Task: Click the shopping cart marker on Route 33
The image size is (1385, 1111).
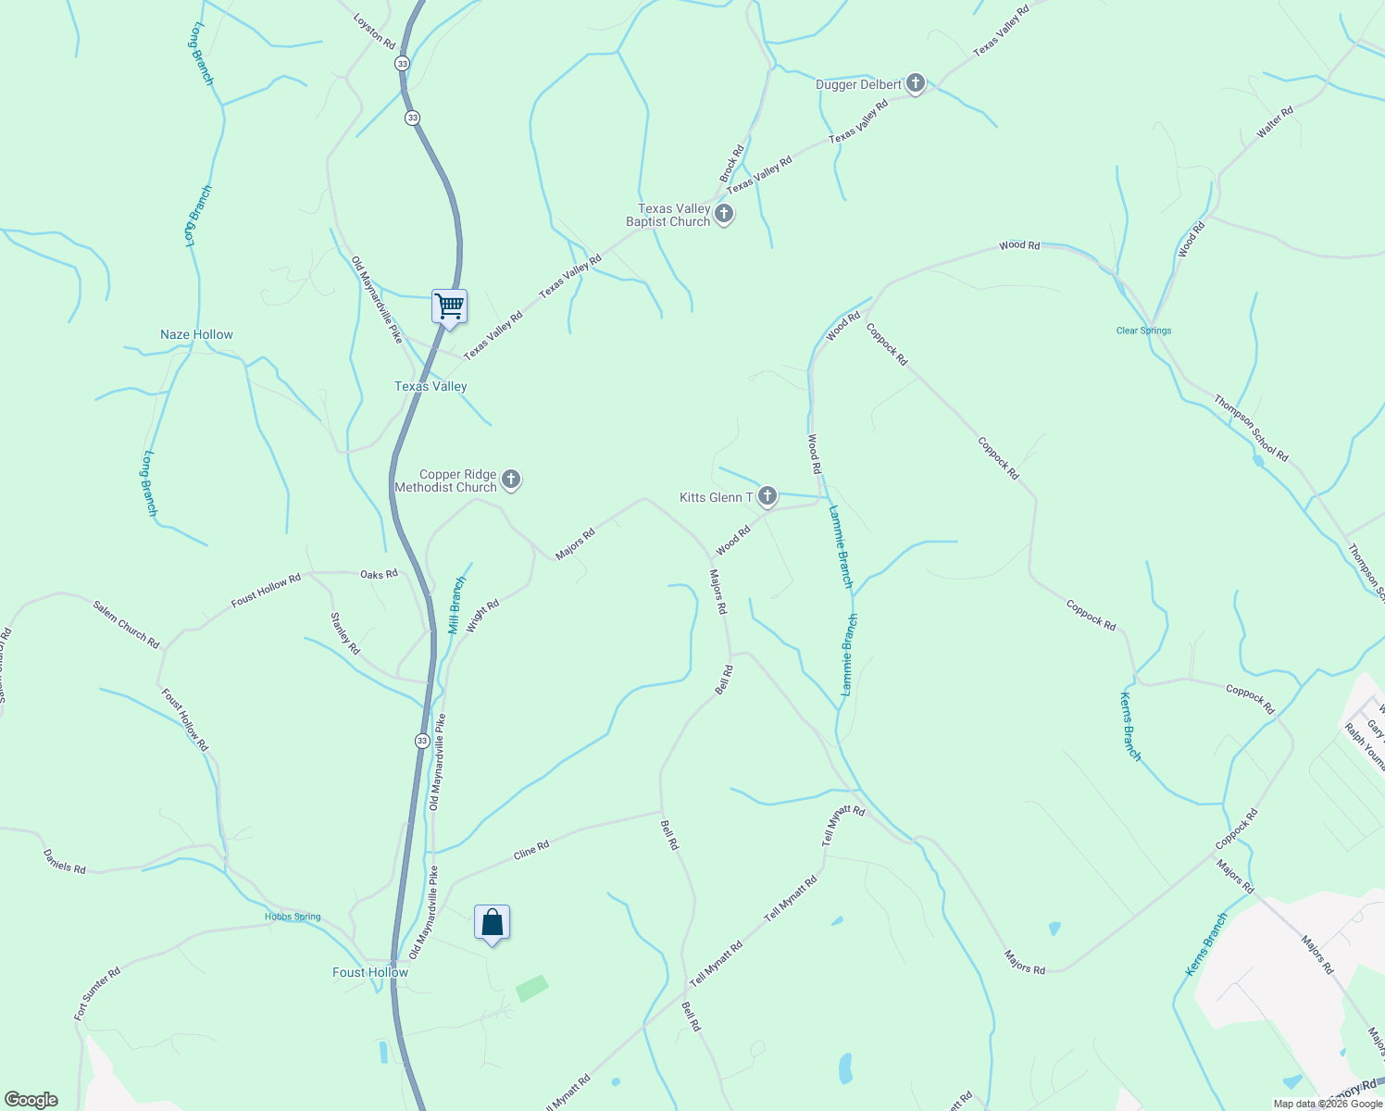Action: (449, 306)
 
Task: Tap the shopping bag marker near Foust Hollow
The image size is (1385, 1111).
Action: (492, 922)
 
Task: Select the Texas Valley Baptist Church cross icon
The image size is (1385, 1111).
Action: (724, 215)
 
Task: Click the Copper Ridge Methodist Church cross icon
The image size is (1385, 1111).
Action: (511, 481)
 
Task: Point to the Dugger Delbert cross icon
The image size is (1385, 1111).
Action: (915, 84)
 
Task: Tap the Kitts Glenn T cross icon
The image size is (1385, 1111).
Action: (767, 497)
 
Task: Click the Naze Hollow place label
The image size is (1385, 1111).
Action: (196, 334)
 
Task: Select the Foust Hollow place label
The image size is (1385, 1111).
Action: (370, 972)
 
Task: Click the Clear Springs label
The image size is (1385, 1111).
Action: (1143, 331)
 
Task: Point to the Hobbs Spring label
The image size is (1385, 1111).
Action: (293, 917)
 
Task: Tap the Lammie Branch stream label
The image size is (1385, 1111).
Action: (841, 546)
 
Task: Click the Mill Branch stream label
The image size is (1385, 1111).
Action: (456, 605)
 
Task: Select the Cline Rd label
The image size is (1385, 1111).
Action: (531, 850)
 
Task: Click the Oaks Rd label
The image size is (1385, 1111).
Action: (379, 574)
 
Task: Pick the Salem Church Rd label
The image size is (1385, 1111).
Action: (126, 624)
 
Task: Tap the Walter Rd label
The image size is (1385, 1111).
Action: (1275, 123)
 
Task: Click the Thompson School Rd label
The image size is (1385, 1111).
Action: (1251, 428)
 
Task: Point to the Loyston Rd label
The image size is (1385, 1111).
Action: (375, 31)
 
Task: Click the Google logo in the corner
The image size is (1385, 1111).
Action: (31, 1100)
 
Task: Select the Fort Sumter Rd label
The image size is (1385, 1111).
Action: (97, 995)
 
